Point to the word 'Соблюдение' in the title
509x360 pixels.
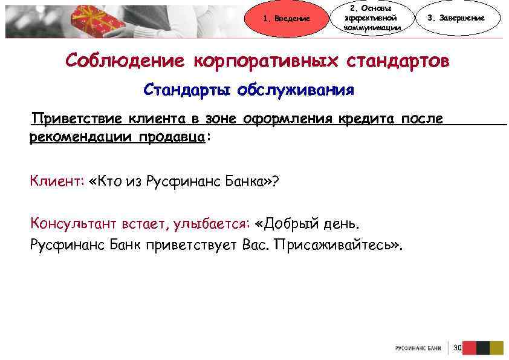coord(125,61)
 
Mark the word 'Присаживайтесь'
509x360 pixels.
coord(338,244)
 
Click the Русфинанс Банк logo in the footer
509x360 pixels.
coord(417,349)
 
